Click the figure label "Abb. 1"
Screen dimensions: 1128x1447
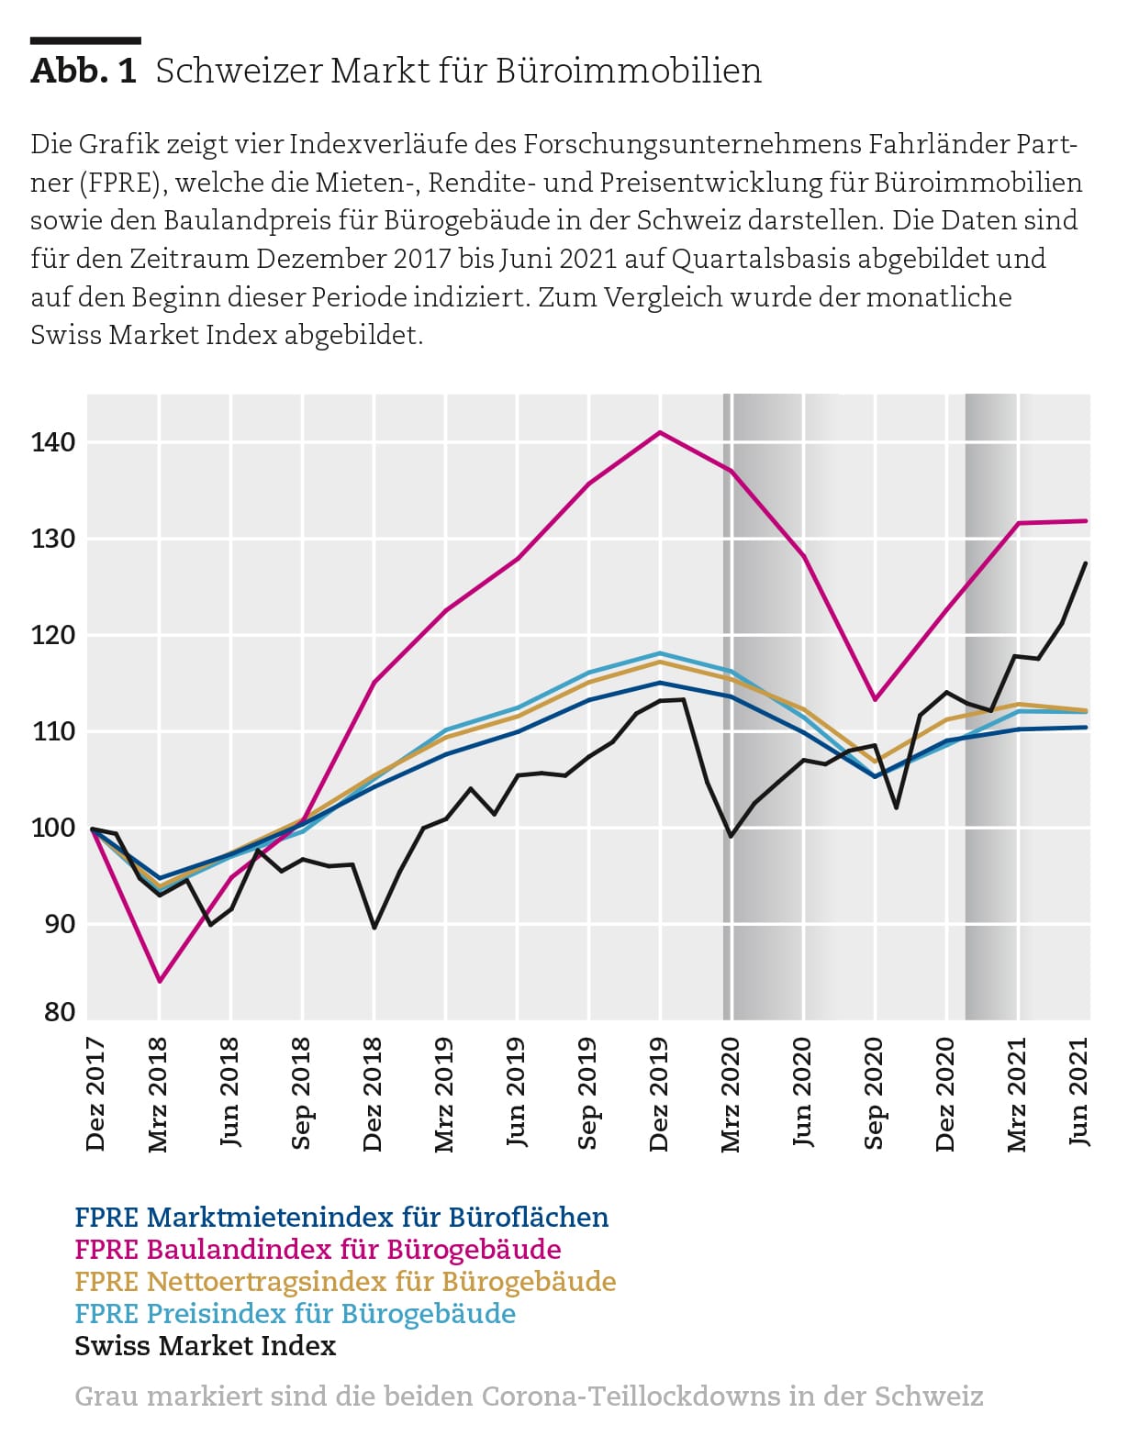click(x=84, y=71)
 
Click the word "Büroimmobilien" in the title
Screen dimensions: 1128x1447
click(x=629, y=71)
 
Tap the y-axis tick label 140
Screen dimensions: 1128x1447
click(x=53, y=442)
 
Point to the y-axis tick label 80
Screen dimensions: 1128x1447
click(x=60, y=1012)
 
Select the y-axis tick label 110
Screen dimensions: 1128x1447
click(x=53, y=731)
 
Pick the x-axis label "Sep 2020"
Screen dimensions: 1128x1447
click(x=875, y=1093)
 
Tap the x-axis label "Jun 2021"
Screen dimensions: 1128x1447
click(x=1078, y=1091)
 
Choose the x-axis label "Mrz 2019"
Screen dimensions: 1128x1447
click(x=444, y=1094)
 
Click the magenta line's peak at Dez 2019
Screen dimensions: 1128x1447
click(x=659, y=432)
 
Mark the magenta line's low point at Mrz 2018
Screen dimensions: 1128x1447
click(x=160, y=981)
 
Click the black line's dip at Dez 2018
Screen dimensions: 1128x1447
click(x=374, y=928)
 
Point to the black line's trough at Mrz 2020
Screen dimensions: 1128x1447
click(x=732, y=837)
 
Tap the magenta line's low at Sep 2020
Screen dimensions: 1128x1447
click(x=875, y=700)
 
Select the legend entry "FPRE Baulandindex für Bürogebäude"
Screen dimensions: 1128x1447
click(x=318, y=1249)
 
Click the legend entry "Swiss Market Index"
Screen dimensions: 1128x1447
click(x=205, y=1346)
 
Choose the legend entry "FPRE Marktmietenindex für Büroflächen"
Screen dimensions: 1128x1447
click(x=341, y=1217)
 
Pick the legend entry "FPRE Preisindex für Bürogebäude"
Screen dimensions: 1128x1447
click(x=295, y=1313)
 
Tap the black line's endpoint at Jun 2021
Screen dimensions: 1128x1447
click(x=1086, y=563)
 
